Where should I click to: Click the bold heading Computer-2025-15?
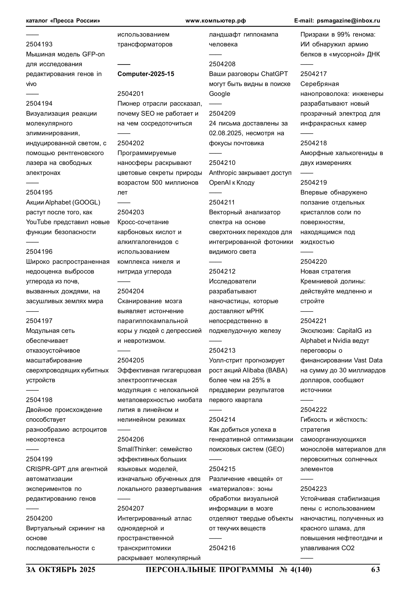tap(146, 74)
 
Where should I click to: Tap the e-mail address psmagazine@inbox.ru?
tap(348, 21)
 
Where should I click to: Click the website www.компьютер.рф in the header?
tap(216, 21)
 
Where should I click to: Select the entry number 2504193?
tap(39, 45)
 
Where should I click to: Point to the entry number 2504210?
tap(222, 163)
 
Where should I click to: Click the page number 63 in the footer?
tap(375, 569)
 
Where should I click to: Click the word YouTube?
tap(39, 222)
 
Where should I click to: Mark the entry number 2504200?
tap(39, 519)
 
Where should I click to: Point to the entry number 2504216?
tap(222, 548)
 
